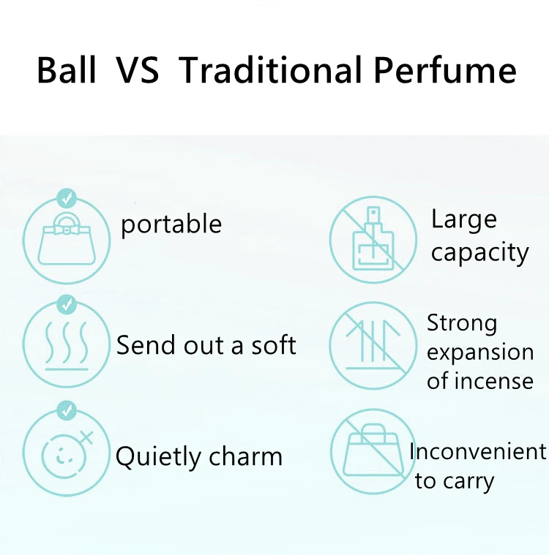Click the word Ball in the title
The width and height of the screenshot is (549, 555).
[x=67, y=70]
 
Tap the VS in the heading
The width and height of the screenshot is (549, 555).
[x=138, y=70]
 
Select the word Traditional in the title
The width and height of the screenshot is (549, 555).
[x=270, y=69]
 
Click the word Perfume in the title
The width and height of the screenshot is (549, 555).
[x=445, y=69]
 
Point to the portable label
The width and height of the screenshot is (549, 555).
[x=171, y=225]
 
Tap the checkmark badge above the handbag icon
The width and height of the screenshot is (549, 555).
[x=67, y=198]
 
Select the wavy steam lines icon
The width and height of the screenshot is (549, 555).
[x=67, y=344]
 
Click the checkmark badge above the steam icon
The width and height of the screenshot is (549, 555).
[x=67, y=304]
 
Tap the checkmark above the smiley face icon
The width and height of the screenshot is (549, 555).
[x=67, y=411]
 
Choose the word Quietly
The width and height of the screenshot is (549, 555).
[x=158, y=457]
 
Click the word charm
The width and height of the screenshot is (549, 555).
[x=245, y=456]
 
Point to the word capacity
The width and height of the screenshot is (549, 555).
[x=480, y=253]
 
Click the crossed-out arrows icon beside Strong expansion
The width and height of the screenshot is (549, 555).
[x=373, y=346]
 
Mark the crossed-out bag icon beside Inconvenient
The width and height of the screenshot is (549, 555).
[x=373, y=452]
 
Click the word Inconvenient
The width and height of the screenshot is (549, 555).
[x=478, y=451]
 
